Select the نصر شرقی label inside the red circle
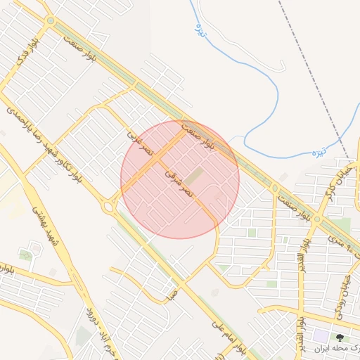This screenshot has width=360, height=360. [177, 181]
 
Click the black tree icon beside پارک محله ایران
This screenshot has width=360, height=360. [340, 338]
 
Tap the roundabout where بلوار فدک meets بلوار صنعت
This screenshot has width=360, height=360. [50, 21]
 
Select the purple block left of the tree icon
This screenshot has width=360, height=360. [321, 337]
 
